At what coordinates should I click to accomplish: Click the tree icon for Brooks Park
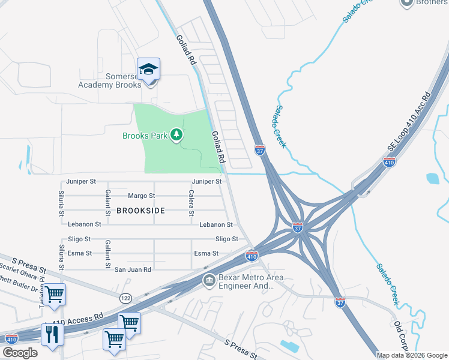pos(176,135)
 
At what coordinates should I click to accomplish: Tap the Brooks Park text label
pos(145,136)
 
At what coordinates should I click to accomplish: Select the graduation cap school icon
pos(148,70)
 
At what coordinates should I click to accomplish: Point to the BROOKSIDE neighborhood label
pos(140,211)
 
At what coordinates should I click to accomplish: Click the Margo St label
pos(142,196)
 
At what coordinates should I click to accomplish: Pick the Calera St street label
pos(191,204)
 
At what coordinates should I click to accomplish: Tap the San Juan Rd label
pos(133,270)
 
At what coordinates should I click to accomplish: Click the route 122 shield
pos(125,298)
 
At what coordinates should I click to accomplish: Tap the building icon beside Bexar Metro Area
pos(209,280)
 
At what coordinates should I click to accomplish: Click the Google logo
pos(20,353)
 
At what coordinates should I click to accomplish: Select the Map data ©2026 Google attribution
pos(411,355)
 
